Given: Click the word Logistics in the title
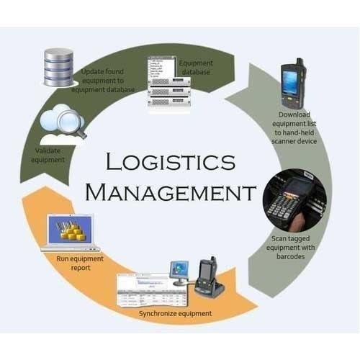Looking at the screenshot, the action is pyautogui.click(x=171, y=161).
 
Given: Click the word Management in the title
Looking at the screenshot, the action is pyautogui.click(x=171, y=192).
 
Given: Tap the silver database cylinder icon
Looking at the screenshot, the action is pyautogui.click(x=59, y=67).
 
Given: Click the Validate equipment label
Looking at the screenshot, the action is pyautogui.click(x=48, y=156).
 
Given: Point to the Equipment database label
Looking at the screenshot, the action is pyautogui.click(x=196, y=68).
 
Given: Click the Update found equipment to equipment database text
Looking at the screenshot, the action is pyautogui.click(x=103, y=81).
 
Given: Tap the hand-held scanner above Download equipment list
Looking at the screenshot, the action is pyautogui.click(x=294, y=83).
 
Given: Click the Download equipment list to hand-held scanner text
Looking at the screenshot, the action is pyautogui.click(x=294, y=128).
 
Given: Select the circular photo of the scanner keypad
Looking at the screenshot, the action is pyautogui.click(x=294, y=201).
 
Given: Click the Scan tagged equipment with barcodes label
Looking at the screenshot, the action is pyautogui.click(x=290, y=248).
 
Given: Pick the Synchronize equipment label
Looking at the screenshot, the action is pyautogui.click(x=175, y=313).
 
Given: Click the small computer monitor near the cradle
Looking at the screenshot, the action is pyautogui.click(x=179, y=272).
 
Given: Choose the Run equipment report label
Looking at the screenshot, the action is pyautogui.click(x=80, y=263).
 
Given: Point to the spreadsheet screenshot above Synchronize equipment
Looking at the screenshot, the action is pyautogui.click(x=153, y=289).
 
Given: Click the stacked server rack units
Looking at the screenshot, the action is pyautogui.click(x=169, y=91).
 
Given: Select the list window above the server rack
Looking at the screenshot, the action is pyautogui.click(x=161, y=67).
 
